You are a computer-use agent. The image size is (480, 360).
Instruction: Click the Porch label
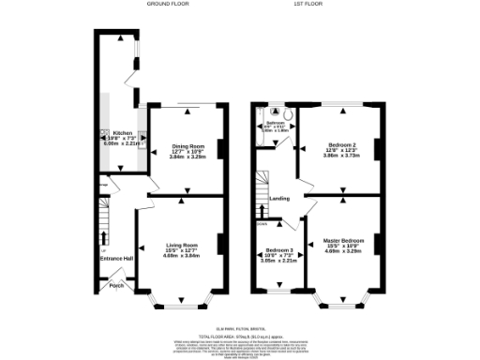coord(117,285)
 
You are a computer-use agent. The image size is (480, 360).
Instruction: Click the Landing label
coord(278,199)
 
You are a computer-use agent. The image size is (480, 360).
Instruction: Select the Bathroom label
coord(274,123)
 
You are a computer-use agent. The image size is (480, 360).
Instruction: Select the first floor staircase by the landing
coord(263,191)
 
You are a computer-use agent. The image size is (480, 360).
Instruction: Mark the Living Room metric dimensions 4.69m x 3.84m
coord(183,255)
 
